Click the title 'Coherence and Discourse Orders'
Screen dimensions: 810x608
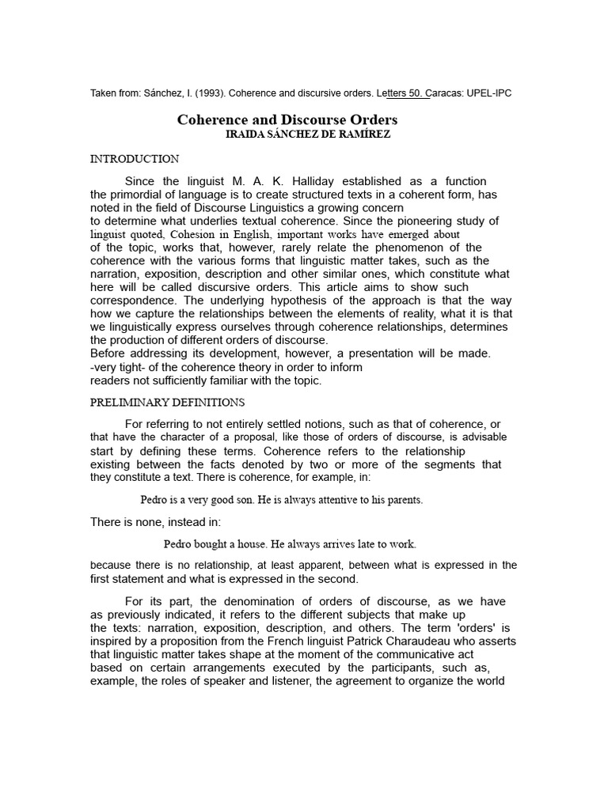pos(287,120)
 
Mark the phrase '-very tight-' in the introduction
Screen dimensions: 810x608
pos(120,367)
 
